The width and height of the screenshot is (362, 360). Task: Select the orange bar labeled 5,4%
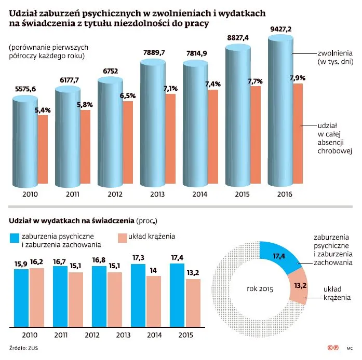tap(42, 150)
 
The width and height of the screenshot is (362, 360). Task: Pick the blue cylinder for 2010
tap(25, 140)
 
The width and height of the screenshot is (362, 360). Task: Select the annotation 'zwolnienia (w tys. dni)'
tap(335, 57)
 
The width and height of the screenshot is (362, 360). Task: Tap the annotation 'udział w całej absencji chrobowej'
tap(335, 138)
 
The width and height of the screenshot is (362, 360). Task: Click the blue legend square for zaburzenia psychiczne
tap(14, 238)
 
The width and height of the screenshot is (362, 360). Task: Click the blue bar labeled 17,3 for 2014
tap(138, 295)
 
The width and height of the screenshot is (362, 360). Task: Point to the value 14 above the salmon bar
tap(154, 270)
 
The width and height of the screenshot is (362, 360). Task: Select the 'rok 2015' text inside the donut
tap(259, 288)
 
